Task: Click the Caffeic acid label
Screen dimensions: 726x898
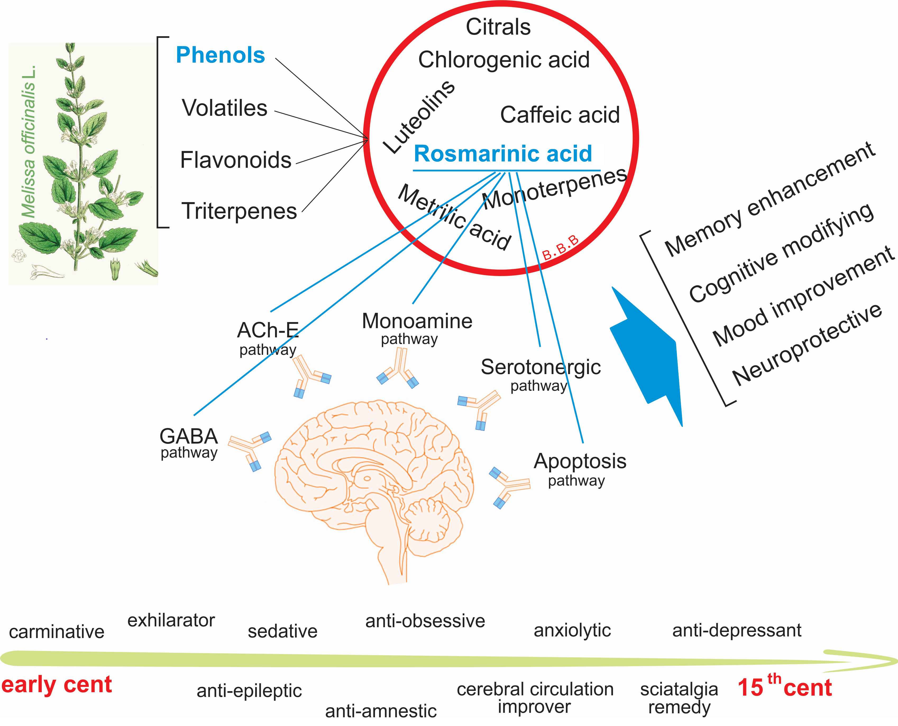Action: (x=560, y=115)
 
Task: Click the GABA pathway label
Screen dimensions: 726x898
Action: (x=189, y=443)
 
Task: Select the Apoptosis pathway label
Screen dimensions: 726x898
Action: (x=580, y=468)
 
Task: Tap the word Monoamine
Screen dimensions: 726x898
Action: (x=417, y=321)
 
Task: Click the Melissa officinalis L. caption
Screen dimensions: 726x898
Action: (x=29, y=142)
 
